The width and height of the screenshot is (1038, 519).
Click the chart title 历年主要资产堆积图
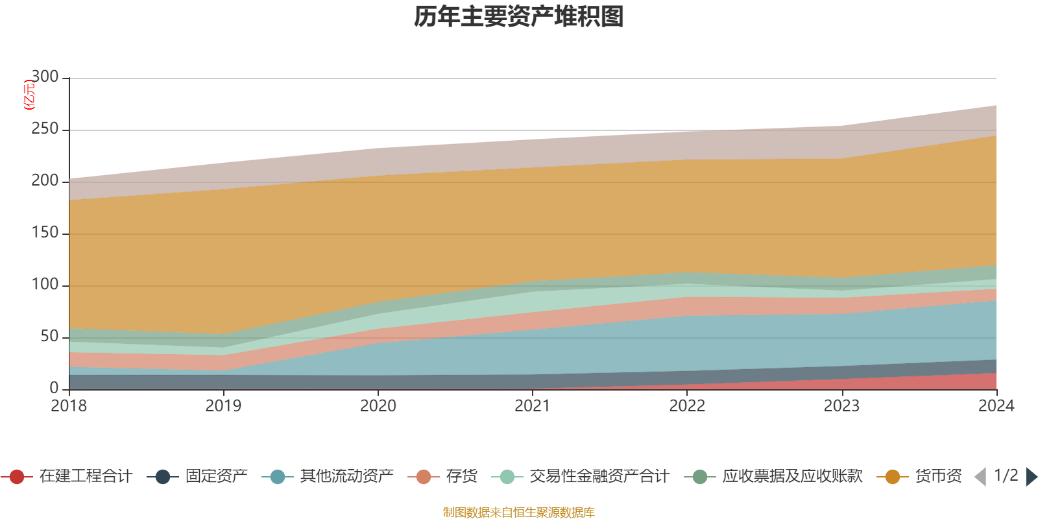(x=519, y=17)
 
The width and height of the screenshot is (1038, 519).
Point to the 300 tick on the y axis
(x=45, y=77)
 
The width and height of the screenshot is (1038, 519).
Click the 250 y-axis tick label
(x=45, y=129)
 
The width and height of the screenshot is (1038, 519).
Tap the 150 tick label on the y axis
(x=45, y=233)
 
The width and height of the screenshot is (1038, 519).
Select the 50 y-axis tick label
(x=49, y=337)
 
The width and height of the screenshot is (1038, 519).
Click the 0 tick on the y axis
(x=54, y=388)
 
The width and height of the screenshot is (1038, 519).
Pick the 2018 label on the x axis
(x=69, y=406)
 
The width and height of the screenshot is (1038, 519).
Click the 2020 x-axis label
(x=378, y=406)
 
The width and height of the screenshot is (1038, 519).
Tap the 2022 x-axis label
(x=687, y=406)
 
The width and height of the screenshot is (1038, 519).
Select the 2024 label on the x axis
(x=996, y=406)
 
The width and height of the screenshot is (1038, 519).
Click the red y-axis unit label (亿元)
(x=29, y=95)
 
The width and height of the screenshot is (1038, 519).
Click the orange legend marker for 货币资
(x=892, y=477)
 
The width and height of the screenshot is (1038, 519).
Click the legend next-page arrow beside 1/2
(x=1031, y=477)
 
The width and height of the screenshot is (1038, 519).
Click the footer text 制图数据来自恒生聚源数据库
(x=519, y=513)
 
